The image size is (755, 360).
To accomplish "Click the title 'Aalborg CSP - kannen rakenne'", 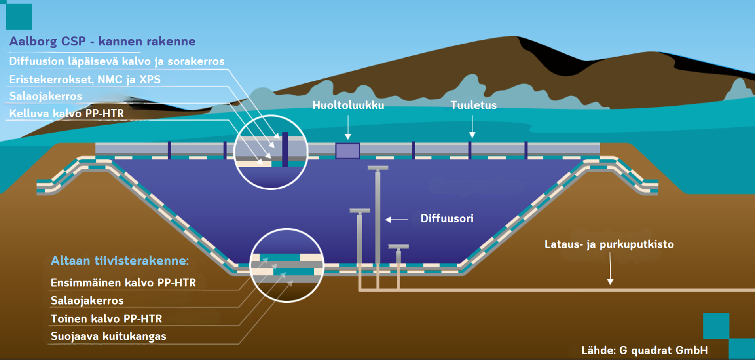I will pyautogui.click(x=102, y=42).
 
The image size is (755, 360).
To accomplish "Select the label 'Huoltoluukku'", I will pyautogui.click(x=348, y=105).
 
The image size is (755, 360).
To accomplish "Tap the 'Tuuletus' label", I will pyautogui.click(x=473, y=105).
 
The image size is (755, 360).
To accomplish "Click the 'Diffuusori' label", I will pyautogui.click(x=447, y=219).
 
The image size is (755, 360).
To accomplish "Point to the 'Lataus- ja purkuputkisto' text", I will pyautogui.click(x=609, y=244).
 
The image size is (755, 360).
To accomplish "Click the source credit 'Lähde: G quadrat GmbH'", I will pyautogui.click(x=644, y=351).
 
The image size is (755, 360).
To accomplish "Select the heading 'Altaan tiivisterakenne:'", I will pyautogui.click(x=120, y=261).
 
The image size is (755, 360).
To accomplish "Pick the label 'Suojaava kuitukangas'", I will pyautogui.click(x=108, y=337).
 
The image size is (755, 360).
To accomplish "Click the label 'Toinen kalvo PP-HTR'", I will pyautogui.click(x=106, y=319).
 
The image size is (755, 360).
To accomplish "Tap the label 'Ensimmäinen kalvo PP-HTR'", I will pyautogui.click(x=123, y=283).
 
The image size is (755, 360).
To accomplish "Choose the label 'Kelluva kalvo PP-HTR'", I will pyautogui.click(x=66, y=114).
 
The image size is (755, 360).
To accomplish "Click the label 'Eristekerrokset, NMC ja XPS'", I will pyautogui.click(x=85, y=80).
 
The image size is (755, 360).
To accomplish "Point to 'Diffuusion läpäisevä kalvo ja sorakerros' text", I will pyautogui.click(x=117, y=62).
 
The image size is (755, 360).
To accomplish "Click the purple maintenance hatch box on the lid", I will pyautogui.click(x=347, y=151).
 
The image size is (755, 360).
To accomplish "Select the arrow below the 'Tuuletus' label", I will pyautogui.click(x=472, y=127).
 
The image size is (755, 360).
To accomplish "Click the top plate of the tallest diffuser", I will pyautogui.click(x=378, y=168).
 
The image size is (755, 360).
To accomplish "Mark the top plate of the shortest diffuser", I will pyautogui.click(x=398, y=247).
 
